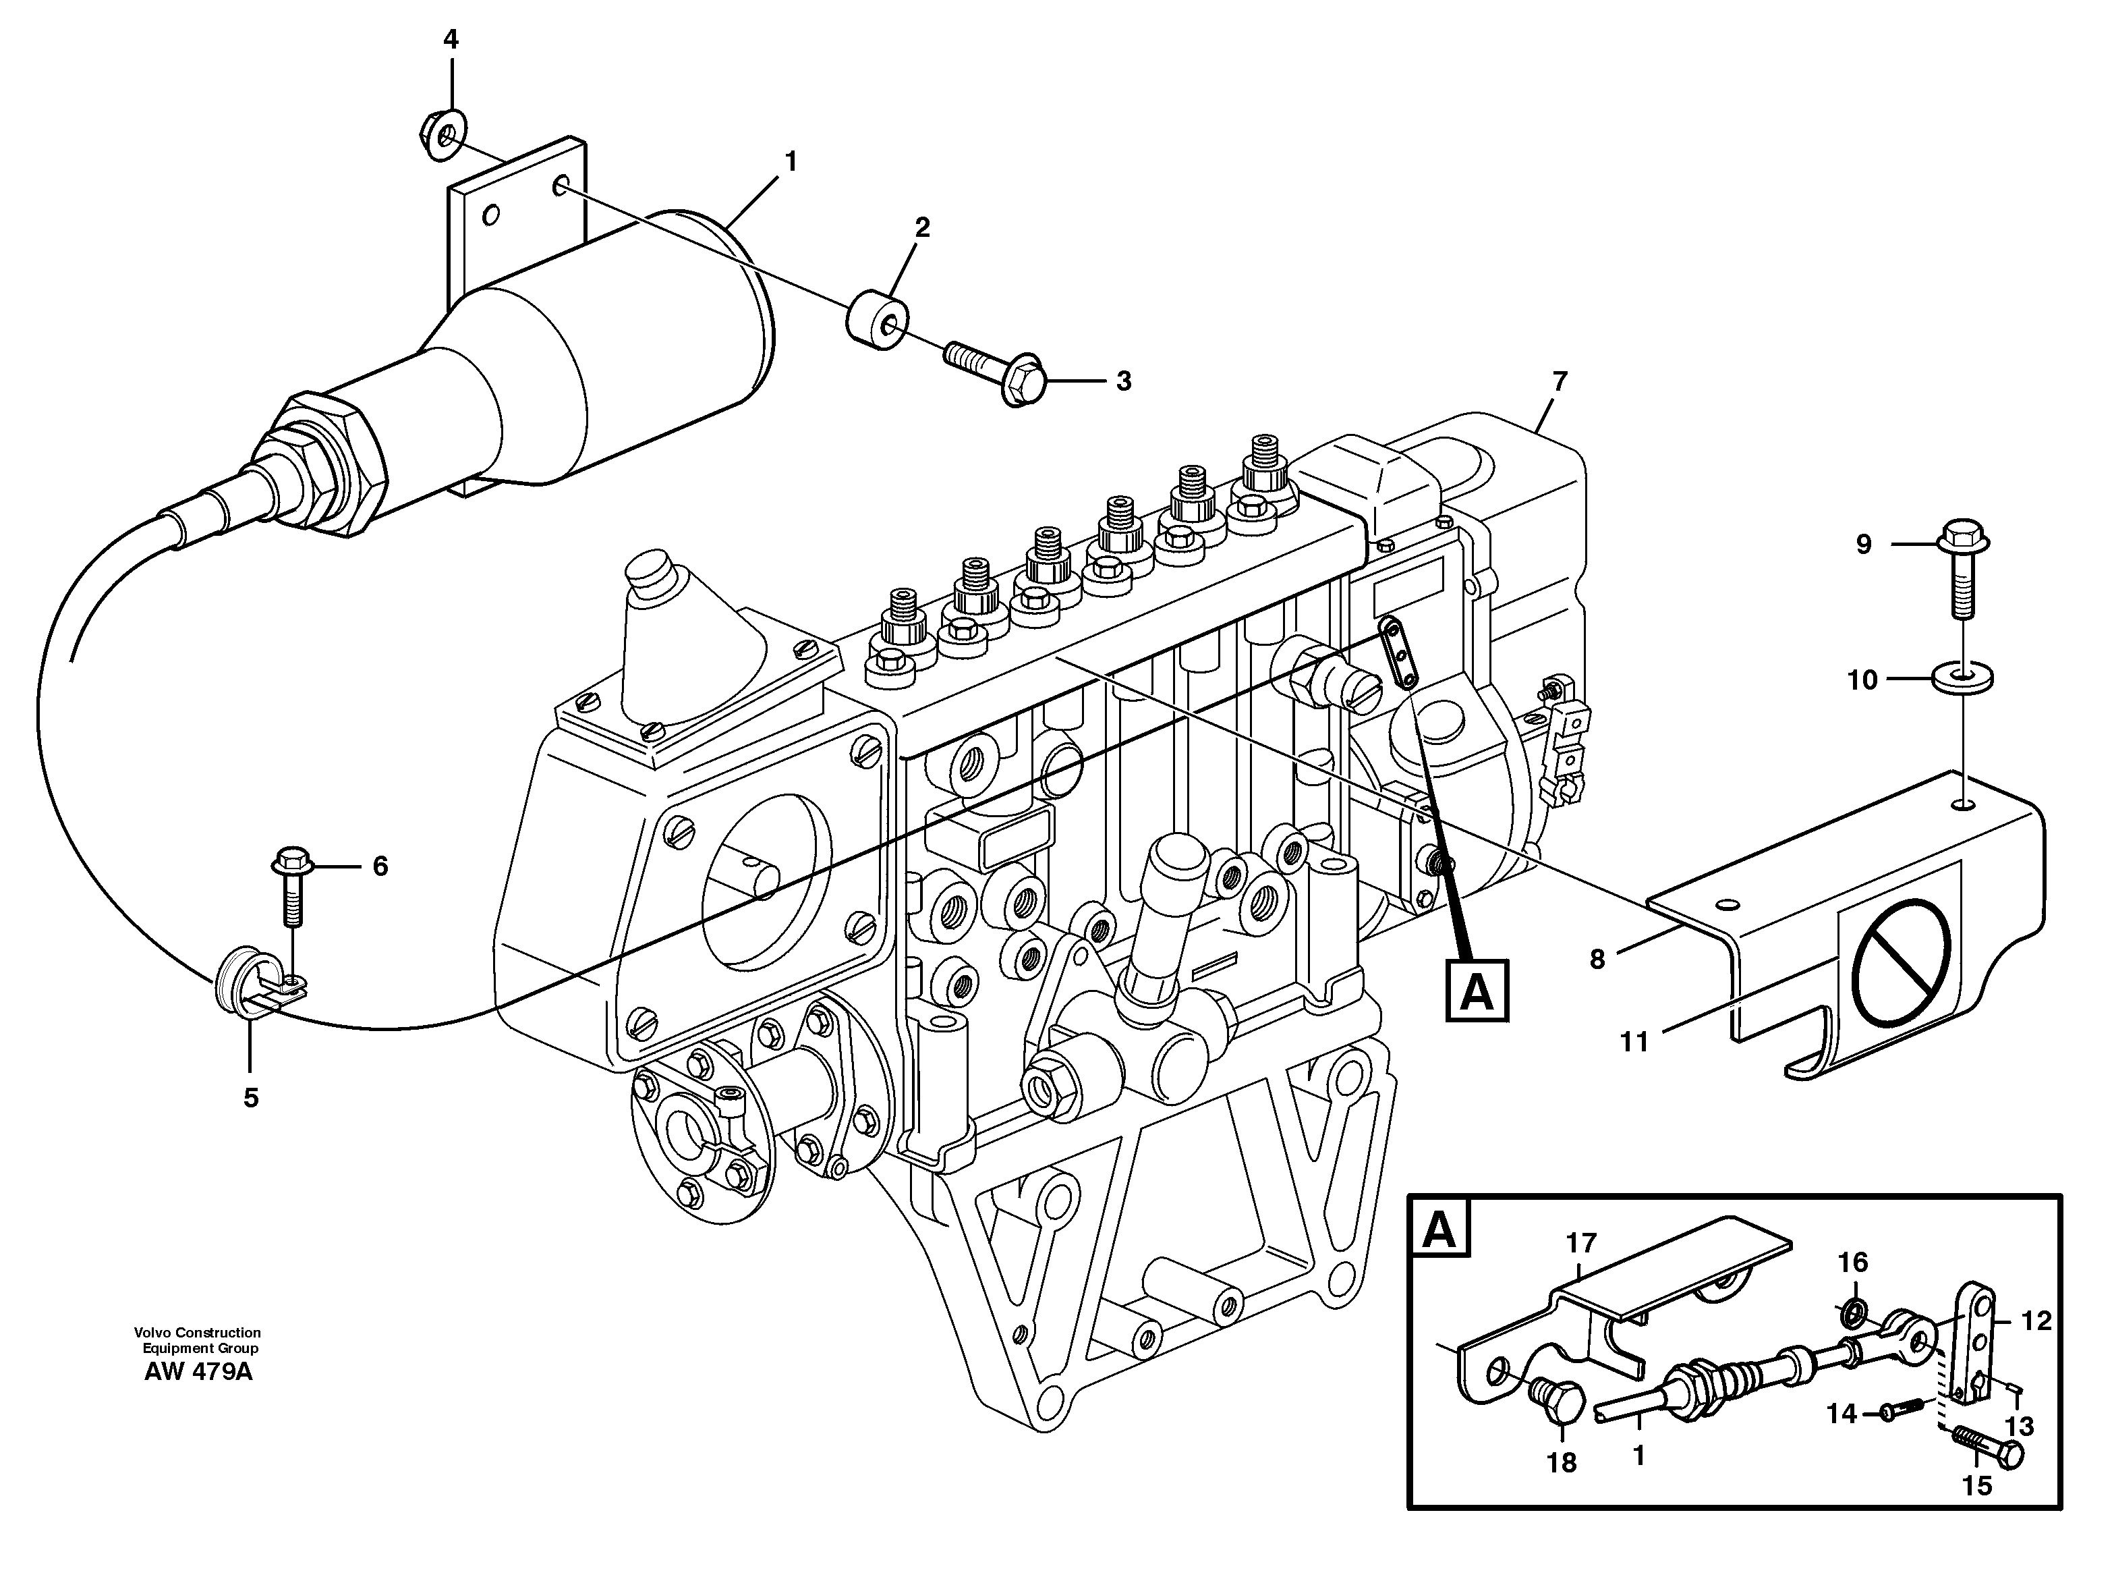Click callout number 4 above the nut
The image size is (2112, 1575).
coord(451,40)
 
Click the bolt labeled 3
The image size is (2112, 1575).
coord(996,372)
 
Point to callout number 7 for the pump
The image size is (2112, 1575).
coord(1560,381)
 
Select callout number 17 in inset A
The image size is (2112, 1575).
coord(1580,1243)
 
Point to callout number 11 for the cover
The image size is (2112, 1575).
coord(1634,1042)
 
